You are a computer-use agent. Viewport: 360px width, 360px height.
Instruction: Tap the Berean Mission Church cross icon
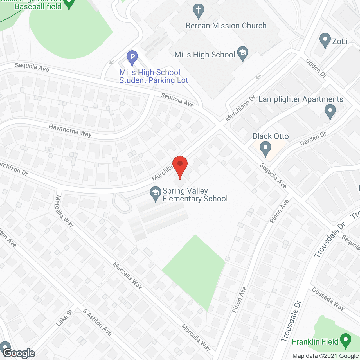click(x=198, y=11)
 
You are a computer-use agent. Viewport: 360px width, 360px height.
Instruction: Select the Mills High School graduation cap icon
click(x=242, y=53)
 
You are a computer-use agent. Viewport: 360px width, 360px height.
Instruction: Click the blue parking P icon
click(x=132, y=57)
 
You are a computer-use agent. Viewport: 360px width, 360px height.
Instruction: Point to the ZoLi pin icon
click(x=325, y=40)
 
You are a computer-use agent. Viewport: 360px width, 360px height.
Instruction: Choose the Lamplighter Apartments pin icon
click(x=330, y=111)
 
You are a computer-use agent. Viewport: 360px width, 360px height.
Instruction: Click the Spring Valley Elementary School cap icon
click(x=155, y=193)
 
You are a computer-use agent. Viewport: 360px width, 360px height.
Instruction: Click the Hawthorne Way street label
click(x=70, y=130)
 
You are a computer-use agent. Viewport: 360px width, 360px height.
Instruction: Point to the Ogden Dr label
click(x=316, y=68)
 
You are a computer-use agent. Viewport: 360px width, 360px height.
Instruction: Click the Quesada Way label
click(x=328, y=299)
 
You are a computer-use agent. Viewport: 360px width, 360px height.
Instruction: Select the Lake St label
click(x=64, y=318)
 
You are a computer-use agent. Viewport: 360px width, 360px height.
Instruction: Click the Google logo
click(x=19, y=353)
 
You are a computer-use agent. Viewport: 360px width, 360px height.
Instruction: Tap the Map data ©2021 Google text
click(x=325, y=356)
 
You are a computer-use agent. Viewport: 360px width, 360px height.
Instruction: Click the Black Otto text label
click(x=271, y=136)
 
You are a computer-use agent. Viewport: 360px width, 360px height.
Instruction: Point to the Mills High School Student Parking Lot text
click(x=154, y=76)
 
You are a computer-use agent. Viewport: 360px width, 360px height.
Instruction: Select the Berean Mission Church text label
click(x=226, y=26)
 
